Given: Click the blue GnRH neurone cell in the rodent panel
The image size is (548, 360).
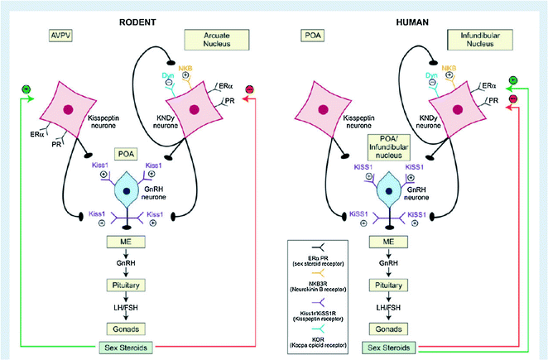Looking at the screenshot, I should [125, 192].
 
